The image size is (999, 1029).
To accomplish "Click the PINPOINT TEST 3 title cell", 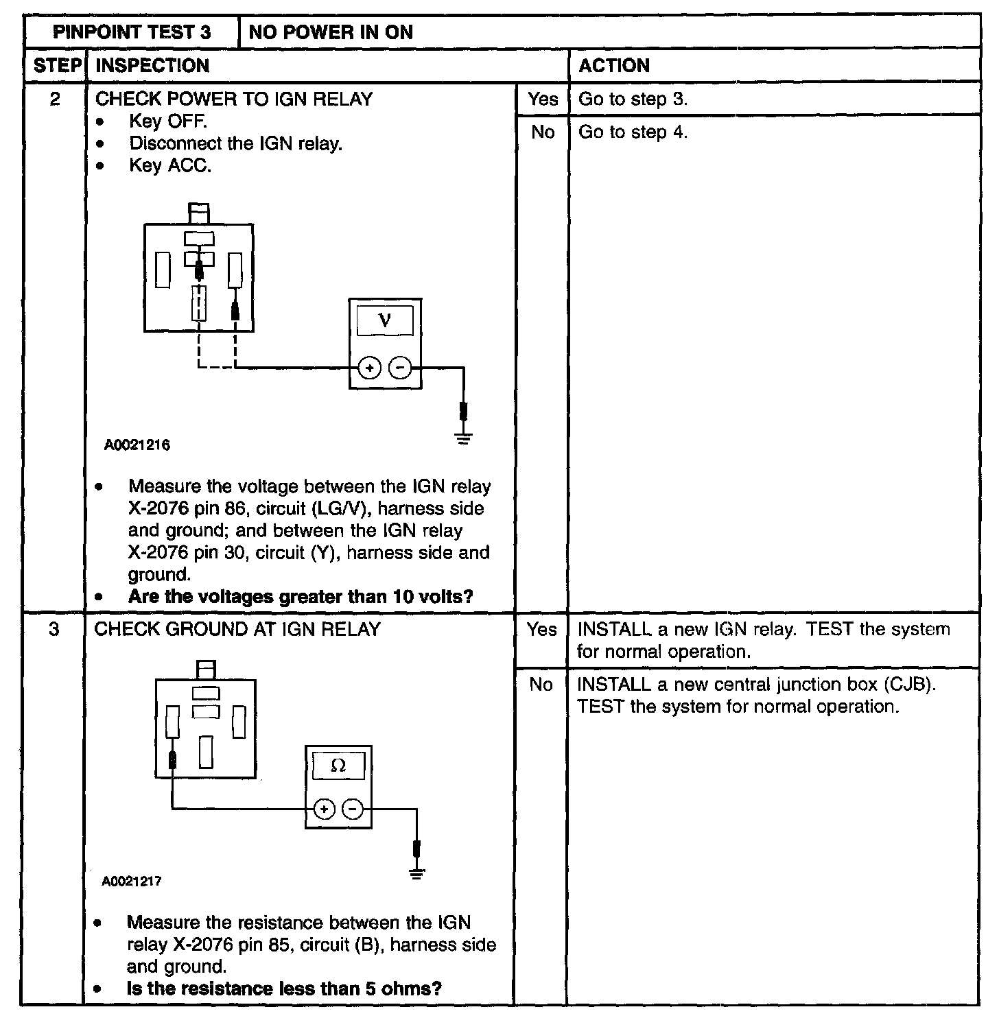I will pyautogui.click(x=132, y=32).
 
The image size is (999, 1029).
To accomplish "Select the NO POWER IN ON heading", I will pyautogui.click(x=331, y=32).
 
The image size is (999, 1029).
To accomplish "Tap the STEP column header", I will pyautogui.click(x=56, y=66).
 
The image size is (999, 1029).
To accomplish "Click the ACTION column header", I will pyautogui.click(x=613, y=66).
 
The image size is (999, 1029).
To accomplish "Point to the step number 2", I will pyautogui.click(x=55, y=99).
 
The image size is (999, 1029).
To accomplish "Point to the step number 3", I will pyautogui.click(x=54, y=629).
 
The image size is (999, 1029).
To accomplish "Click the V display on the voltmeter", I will pyautogui.click(x=385, y=320).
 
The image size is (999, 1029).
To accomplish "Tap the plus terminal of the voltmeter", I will pyautogui.click(x=369, y=368).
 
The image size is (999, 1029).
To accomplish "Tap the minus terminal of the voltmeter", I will pyautogui.click(x=400, y=368).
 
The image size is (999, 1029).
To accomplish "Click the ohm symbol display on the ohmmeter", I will pyautogui.click(x=338, y=766).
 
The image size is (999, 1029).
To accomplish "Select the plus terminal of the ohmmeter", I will pyautogui.click(x=324, y=809).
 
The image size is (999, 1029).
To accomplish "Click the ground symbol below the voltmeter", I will pyautogui.click(x=464, y=438).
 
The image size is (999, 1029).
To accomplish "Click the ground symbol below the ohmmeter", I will pyautogui.click(x=416, y=874).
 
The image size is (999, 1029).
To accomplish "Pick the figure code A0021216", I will pyautogui.click(x=137, y=445).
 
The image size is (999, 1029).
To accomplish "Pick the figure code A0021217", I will pyautogui.click(x=132, y=882).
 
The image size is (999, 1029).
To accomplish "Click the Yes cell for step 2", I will pyautogui.click(x=542, y=99).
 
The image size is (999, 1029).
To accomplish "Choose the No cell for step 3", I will pyautogui.click(x=541, y=685).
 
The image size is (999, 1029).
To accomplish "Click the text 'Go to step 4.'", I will pyautogui.click(x=633, y=132).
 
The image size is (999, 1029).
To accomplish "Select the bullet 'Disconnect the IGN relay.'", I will pyautogui.click(x=235, y=144).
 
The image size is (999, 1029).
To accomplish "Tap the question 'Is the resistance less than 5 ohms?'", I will pyautogui.click(x=284, y=989).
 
